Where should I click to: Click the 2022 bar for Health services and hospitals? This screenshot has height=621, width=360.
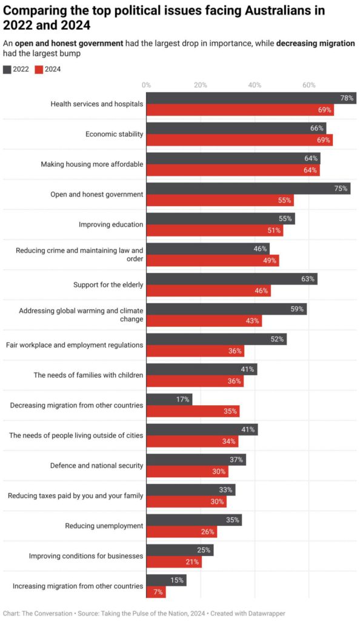coord(251,98)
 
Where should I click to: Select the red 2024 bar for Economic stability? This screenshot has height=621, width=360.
coord(239,140)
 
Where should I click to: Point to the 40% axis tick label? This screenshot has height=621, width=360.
coord(255,85)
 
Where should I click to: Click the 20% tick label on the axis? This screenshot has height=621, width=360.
coord(200,85)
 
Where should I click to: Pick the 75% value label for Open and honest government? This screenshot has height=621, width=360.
coord(341,189)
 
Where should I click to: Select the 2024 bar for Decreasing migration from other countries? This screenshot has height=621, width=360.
coord(193,411)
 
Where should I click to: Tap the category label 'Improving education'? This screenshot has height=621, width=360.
coord(111,224)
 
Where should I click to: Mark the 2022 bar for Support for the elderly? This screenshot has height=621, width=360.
coord(232,279)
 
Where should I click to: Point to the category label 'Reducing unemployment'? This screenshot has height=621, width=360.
coord(104,526)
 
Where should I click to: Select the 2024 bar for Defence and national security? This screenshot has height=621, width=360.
coord(187,471)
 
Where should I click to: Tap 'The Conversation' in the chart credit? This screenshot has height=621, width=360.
coord(46,613)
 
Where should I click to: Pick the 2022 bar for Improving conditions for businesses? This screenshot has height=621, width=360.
coord(180,550)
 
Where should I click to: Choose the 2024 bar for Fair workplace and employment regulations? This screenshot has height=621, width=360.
coord(195,351)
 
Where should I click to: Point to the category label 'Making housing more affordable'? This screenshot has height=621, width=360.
coord(92,164)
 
